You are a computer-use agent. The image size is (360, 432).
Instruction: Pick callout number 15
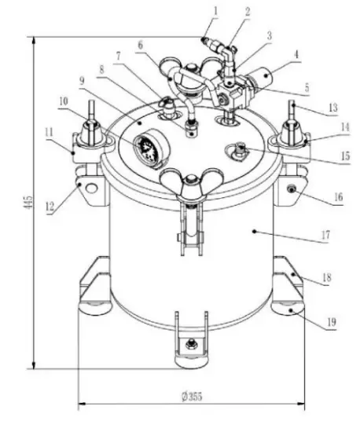(x=324, y=157)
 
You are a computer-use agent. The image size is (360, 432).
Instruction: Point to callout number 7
(x=118, y=57)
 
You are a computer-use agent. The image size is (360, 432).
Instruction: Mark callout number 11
(x=49, y=132)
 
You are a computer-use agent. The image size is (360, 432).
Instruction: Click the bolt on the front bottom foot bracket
(x=189, y=343)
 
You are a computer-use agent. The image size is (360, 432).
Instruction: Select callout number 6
(x=140, y=46)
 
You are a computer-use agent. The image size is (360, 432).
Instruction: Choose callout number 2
(x=226, y=10)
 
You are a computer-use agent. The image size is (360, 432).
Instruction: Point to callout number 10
(x=63, y=101)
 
